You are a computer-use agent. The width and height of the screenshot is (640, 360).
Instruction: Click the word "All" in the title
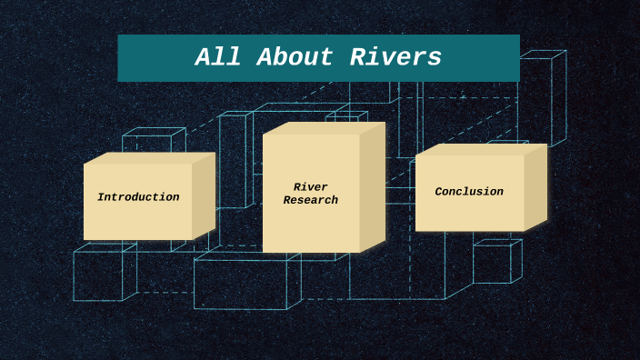tap(217, 58)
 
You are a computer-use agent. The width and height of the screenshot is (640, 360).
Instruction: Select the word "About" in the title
tap(296, 58)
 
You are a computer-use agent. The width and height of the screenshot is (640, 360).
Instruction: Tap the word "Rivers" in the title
tap(395, 58)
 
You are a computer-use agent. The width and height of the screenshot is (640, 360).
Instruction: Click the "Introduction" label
tap(138, 197)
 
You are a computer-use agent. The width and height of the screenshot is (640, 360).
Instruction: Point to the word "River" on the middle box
tap(311, 187)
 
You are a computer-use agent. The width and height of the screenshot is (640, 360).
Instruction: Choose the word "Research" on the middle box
tap(311, 201)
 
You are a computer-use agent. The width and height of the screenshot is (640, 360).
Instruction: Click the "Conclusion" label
tap(469, 192)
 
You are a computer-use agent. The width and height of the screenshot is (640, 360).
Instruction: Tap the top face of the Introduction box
tap(150, 158)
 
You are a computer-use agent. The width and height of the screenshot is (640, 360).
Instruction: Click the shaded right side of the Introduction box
tap(204, 197)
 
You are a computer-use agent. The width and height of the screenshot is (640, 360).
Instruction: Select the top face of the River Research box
tap(324, 128)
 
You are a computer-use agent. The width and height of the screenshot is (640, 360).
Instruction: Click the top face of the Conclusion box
tap(482, 149)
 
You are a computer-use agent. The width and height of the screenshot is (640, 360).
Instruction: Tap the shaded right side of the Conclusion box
tap(535, 187)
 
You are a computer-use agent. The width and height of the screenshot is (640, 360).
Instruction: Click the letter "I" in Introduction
tap(101, 197)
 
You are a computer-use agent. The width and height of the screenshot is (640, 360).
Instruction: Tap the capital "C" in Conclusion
tap(439, 192)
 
